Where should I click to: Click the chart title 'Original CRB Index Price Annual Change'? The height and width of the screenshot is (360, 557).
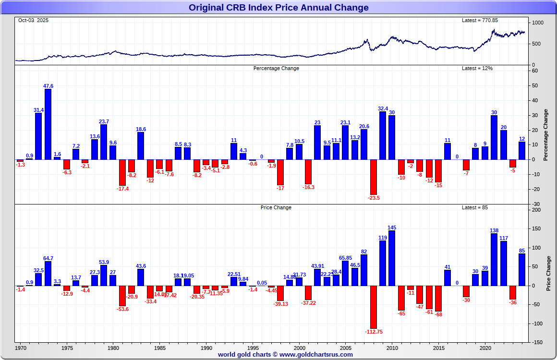[x=278, y=7]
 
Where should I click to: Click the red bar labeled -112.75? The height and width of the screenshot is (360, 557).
[x=373, y=307]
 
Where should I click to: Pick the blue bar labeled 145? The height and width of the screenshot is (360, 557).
[x=392, y=258]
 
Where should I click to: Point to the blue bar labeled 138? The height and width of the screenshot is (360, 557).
[x=494, y=259]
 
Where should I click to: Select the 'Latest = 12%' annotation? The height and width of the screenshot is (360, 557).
[x=477, y=68]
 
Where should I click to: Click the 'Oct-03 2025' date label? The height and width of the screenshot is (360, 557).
[x=33, y=20]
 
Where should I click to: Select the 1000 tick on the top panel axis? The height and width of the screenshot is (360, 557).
[x=537, y=23]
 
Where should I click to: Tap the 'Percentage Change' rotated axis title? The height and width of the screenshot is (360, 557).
[x=545, y=135]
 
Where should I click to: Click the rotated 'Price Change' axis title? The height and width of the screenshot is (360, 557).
[x=548, y=274]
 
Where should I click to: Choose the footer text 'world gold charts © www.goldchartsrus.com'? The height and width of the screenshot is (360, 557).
[x=285, y=355]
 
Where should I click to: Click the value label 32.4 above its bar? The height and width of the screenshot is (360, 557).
[x=383, y=108]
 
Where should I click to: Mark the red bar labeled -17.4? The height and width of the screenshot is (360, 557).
[x=122, y=172]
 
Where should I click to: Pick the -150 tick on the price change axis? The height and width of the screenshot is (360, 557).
[x=538, y=342]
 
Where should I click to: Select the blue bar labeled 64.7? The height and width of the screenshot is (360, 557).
[x=48, y=273]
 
